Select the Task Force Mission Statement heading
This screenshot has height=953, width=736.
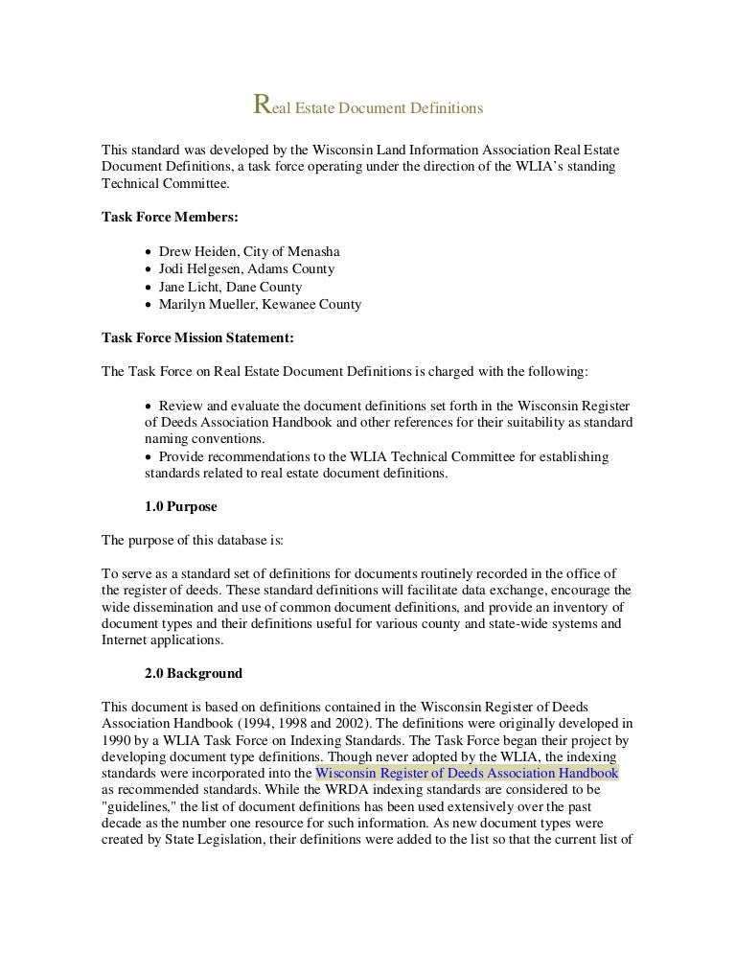[x=197, y=337]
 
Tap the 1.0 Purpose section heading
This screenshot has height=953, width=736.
[x=180, y=506]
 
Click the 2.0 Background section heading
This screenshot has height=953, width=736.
[x=193, y=673]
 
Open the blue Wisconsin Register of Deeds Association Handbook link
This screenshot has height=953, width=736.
[x=467, y=773]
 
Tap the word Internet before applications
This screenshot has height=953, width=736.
[x=128, y=640]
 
